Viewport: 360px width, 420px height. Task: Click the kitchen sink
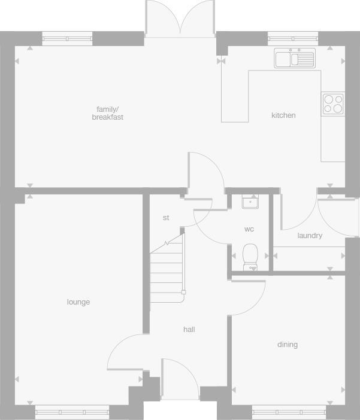click(294, 59)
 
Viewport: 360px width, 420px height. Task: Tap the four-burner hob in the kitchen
click(333, 104)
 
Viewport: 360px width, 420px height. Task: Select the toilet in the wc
click(250, 257)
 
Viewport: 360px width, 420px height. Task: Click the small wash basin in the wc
click(250, 202)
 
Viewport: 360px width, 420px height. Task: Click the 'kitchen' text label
click(283, 115)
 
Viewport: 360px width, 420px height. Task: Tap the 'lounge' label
click(78, 302)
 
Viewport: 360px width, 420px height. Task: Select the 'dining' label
click(288, 345)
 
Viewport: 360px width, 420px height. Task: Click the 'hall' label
click(189, 329)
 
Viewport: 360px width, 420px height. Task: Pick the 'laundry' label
click(310, 236)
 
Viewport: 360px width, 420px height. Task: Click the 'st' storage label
click(166, 218)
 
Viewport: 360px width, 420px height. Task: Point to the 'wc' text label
click(249, 229)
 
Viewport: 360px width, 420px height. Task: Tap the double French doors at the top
click(180, 18)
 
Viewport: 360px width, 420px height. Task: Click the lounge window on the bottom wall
click(72, 411)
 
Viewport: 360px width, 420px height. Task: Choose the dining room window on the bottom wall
click(289, 411)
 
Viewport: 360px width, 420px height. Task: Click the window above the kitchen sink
click(293, 39)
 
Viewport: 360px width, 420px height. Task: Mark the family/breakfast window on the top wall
click(68, 39)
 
